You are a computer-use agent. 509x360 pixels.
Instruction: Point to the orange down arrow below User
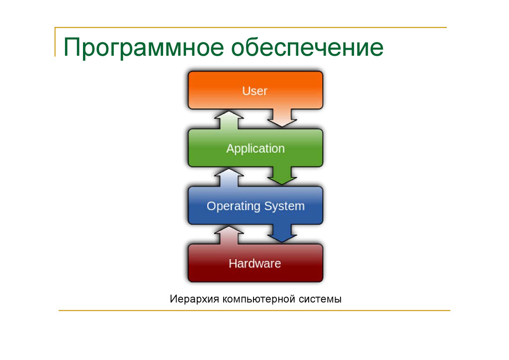pos(282,117)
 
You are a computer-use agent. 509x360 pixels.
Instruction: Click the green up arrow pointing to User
pos(229,120)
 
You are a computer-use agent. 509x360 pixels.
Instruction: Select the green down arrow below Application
pos(282,175)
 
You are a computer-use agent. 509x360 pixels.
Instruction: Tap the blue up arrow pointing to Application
pos(229,178)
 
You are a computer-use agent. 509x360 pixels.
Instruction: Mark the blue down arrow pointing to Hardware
pos(282,233)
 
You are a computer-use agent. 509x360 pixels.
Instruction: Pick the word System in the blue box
pos(284,206)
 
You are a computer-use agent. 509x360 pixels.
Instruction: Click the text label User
pos(254,91)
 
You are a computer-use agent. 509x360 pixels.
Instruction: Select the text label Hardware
pos(254,264)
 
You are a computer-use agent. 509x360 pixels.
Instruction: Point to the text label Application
pos(255,149)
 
